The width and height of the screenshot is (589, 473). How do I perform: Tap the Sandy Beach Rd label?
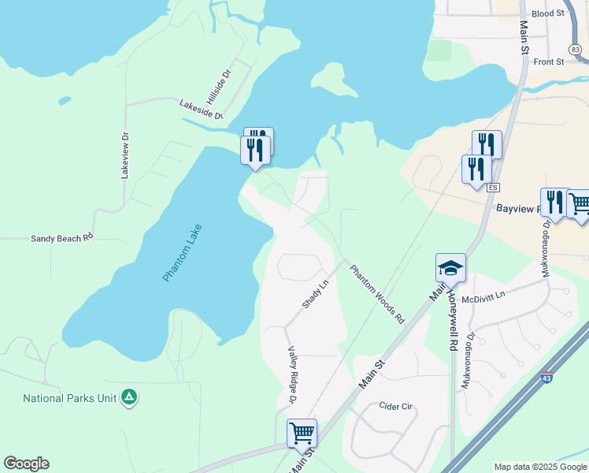tap(62, 237)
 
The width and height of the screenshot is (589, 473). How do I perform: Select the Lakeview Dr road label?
tap(124, 155)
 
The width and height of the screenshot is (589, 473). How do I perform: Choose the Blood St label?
tap(548, 13)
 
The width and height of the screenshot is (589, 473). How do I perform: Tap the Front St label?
tap(549, 61)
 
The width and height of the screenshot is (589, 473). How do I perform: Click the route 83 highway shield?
tap(576, 50)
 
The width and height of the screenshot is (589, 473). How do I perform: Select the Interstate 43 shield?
tap(547, 378)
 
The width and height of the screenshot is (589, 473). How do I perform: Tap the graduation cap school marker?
tap(451, 269)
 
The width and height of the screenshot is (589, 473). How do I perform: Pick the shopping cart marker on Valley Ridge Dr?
tap(302, 433)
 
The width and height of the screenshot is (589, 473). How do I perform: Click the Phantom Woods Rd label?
tap(376, 294)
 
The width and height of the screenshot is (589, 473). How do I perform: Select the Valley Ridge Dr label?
tap(291, 376)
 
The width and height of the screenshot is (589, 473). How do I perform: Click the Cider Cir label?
tap(396, 407)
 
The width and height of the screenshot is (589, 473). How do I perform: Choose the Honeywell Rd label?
tap(454, 318)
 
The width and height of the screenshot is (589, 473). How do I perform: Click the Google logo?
tap(26, 464)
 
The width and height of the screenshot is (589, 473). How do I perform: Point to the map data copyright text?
tap(540, 467)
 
